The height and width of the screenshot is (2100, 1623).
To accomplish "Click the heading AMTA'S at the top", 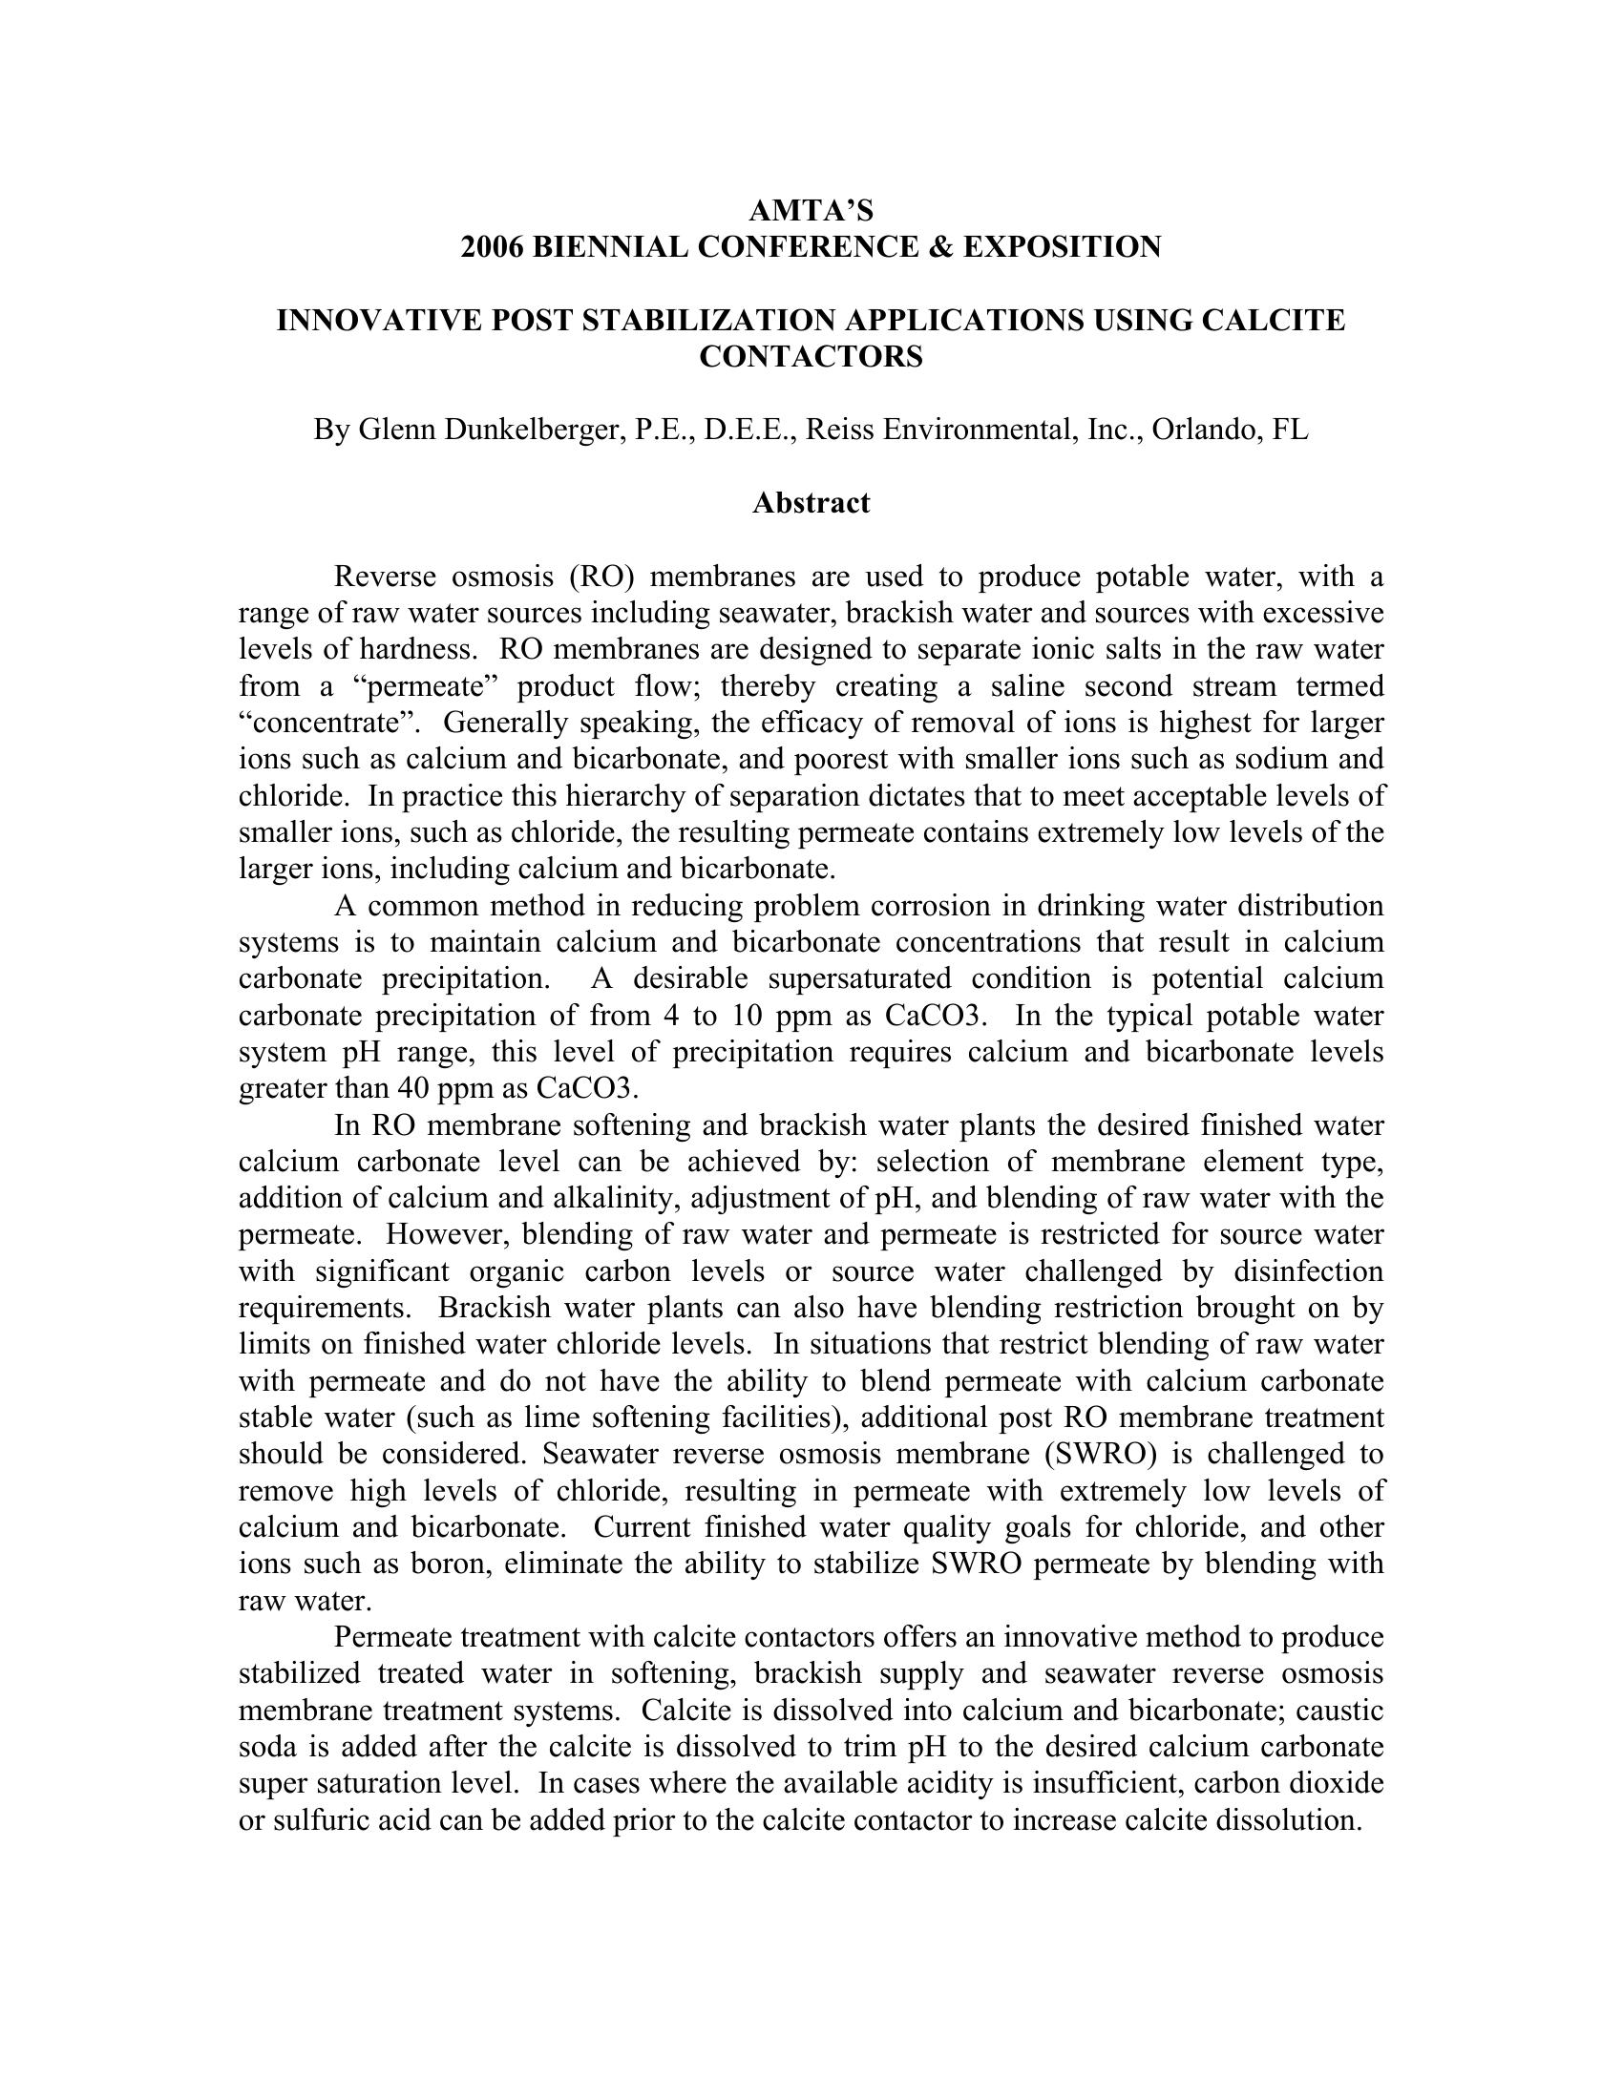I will click(x=811, y=210).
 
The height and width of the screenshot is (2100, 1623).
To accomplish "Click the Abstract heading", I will click(x=811, y=503).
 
